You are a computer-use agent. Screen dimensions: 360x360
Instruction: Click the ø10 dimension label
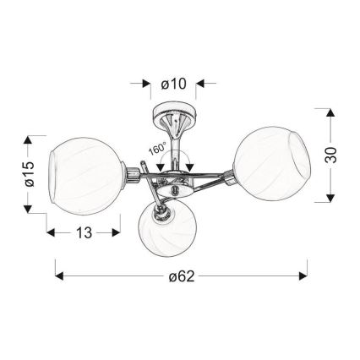point(173,84)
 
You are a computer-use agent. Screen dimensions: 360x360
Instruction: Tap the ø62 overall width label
point(182,276)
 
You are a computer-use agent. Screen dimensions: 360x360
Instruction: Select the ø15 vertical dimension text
point(29,174)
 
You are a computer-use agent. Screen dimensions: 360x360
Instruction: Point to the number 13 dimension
point(84,232)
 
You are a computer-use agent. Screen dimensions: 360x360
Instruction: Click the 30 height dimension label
point(330,155)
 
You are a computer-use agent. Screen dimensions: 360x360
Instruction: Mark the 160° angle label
point(158,149)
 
